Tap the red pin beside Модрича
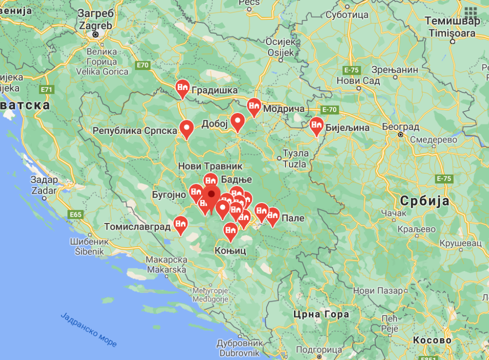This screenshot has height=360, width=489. [254, 106]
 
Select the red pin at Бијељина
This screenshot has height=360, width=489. [317, 126]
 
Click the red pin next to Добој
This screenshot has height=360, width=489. [238, 121]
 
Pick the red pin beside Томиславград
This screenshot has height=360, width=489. [181, 225]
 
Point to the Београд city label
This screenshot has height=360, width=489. [401, 127]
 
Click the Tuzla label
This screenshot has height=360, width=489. [294, 164]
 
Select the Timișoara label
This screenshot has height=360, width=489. [452, 33]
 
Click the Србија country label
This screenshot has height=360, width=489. [424, 201]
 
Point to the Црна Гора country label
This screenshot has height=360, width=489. [320, 314]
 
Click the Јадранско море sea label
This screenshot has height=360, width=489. [89, 329]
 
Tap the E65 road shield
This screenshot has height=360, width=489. [76, 214]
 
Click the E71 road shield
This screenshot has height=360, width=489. [47, 90]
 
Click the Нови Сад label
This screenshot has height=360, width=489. [358, 81]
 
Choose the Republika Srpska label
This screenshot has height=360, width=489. [135, 131]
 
